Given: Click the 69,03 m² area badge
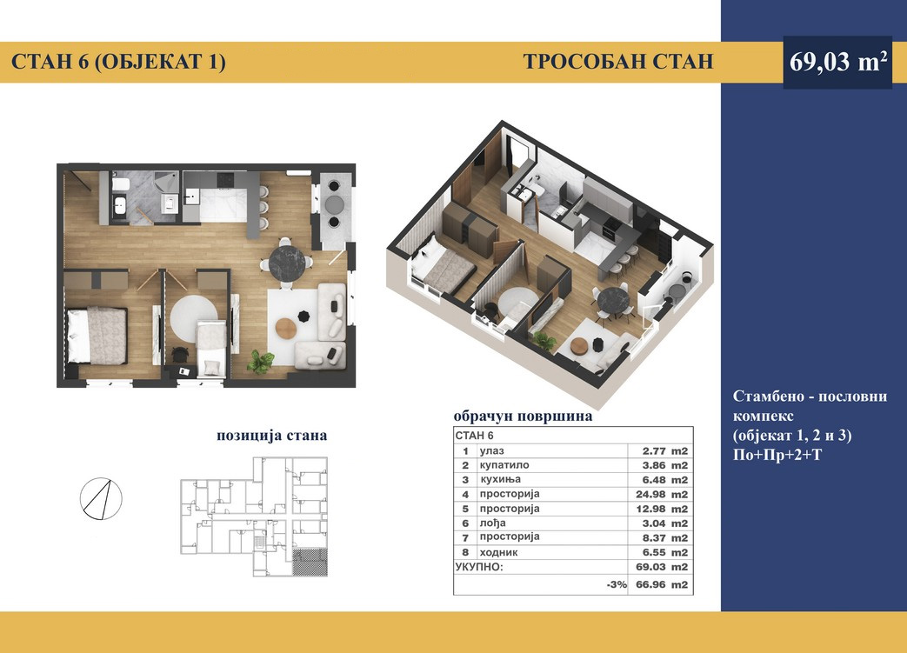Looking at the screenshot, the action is tap(837, 62).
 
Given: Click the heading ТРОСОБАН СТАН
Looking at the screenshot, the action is tap(618, 62).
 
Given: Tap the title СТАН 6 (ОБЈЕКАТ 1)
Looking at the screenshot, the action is tap(118, 62).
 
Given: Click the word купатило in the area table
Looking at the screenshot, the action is tap(504, 465).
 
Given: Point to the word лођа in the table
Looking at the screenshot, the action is tap(492, 523).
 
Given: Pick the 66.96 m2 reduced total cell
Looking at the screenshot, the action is tap(662, 585).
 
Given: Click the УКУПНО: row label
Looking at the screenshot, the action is tap(479, 568).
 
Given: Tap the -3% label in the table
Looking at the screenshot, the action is tap(617, 585).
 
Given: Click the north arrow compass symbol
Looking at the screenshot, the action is tap(101, 498).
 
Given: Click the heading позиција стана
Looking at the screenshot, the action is tap(272, 436).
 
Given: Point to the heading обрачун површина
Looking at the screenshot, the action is tap(523, 416).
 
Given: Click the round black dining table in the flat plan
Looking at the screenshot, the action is tap(288, 264).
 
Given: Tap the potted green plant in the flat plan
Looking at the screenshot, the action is tap(260, 362).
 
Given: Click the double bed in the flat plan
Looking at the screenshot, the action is tap(97, 336).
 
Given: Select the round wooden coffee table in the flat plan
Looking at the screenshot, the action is tap(286, 329).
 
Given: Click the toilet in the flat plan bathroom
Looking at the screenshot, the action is tap(121, 185).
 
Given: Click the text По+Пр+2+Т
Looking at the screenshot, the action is tap(777, 456).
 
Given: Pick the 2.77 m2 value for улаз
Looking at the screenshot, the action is tap(664, 451).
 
